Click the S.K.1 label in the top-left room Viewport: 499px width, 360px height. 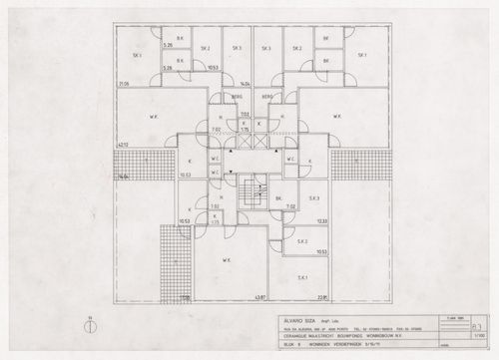click(136, 56)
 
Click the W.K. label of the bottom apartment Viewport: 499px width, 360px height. click(228, 262)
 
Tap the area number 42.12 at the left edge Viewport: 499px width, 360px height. click(124, 146)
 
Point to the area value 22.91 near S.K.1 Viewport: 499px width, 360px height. click(322, 296)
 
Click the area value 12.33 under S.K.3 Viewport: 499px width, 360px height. click(321, 220)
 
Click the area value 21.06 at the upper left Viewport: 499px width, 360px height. click(124, 85)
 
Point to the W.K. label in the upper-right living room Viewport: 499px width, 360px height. click(342, 118)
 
